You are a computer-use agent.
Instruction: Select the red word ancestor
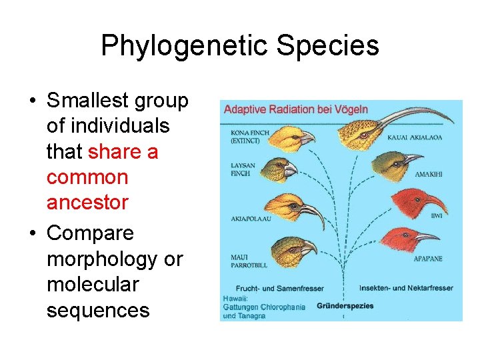pos(87,203)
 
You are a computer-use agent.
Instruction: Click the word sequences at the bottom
pos(98,310)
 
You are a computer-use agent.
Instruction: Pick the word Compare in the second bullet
pos(90,233)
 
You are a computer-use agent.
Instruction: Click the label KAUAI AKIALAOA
pos(414,138)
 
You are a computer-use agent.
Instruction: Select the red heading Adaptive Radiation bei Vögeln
pos(295,109)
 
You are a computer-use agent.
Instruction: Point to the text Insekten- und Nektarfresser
pos(406,288)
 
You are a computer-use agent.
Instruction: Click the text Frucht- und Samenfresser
pos(273,288)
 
